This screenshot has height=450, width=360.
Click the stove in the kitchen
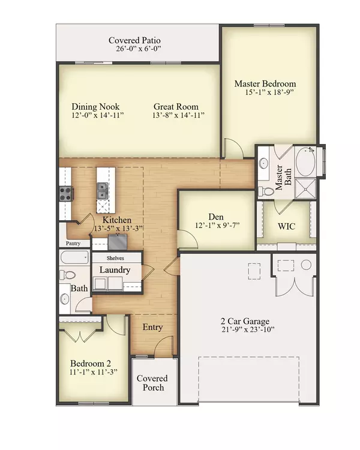(x=65, y=193)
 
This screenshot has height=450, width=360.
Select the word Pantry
(x=73, y=244)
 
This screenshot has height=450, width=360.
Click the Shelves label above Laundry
(x=116, y=257)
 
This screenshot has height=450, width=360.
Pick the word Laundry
(x=115, y=270)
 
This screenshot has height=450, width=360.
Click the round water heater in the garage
(x=306, y=264)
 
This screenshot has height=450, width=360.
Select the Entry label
(x=152, y=327)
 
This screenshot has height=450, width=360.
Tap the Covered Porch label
(x=152, y=383)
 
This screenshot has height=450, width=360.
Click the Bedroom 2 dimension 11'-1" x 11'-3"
(x=93, y=371)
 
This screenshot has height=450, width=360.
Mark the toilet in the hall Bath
(x=68, y=275)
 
